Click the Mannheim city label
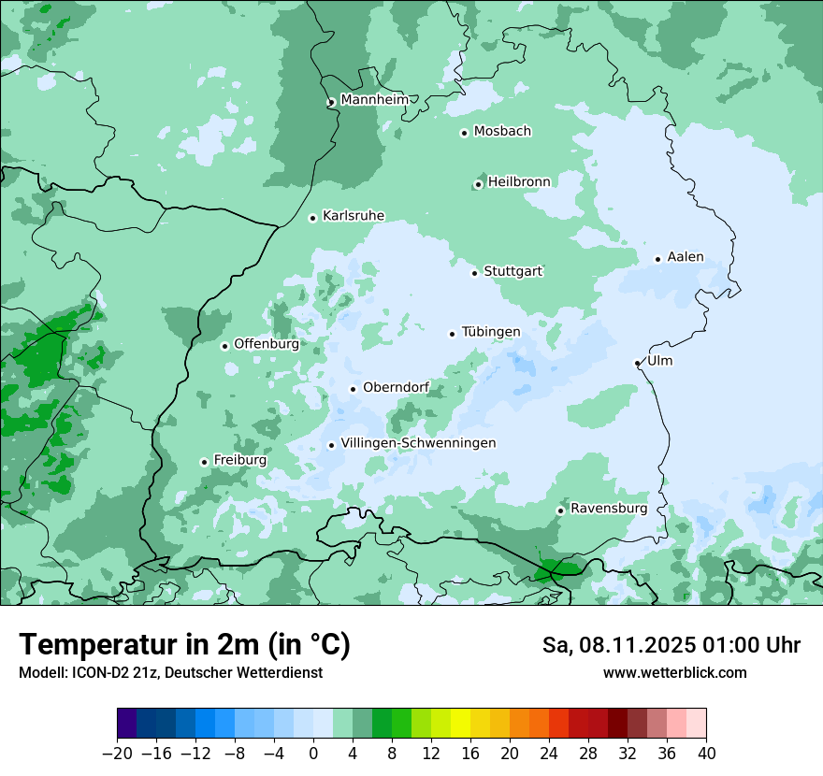pyautogui.click(x=374, y=100)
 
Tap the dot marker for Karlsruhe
pyautogui.click(x=313, y=218)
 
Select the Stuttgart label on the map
pyautogui.click(x=513, y=272)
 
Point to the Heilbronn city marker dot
pyautogui.click(x=478, y=184)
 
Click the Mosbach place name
pyautogui.click(x=502, y=132)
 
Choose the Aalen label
pyautogui.click(x=686, y=258)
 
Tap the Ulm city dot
pyautogui.click(x=637, y=363)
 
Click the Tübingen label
pyautogui.click(x=491, y=333)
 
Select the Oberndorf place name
pyautogui.click(x=397, y=388)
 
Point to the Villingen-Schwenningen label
pyautogui.click(x=418, y=443)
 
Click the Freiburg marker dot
pyautogui.click(x=204, y=462)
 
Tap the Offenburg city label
pyautogui.click(x=267, y=344)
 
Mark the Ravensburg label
pyautogui.click(x=609, y=509)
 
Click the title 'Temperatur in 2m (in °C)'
pyautogui.click(x=184, y=645)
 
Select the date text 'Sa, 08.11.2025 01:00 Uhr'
pyautogui.click(x=671, y=646)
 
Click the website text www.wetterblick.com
pyautogui.click(x=674, y=673)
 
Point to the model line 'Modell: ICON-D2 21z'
pyautogui.click(x=170, y=673)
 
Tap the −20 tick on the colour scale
pyautogui.click(x=118, y=754)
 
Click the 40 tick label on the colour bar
pyautogui.click(x=706, y=754)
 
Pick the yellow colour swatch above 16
pyautogui.click(x=461, y=724)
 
